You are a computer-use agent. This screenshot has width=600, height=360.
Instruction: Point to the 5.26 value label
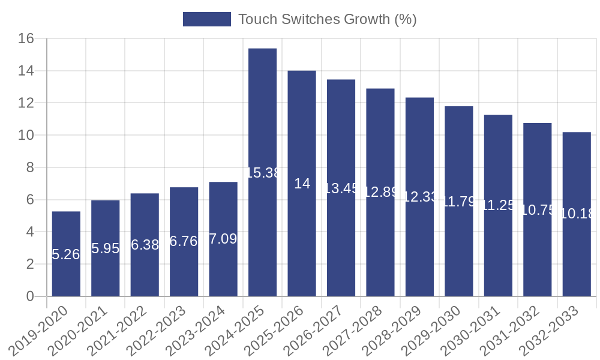pyautogui.click(x=66, y=254)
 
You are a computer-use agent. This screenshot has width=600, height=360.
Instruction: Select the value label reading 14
pyautogui.click(x=302, y=184)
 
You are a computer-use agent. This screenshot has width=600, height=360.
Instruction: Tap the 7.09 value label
pyautogui.click(x=223, y=239)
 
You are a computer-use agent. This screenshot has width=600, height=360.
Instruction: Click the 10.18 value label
pyautogui.click(x=576, y=214)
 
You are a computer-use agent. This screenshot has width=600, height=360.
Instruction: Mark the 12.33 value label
pyautogui.click(x=419, y=197)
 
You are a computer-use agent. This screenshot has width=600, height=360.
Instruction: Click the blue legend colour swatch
pyautogui.click(x=206, y=19)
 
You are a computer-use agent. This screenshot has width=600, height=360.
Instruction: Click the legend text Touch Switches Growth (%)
pyautogui.click(x=327, y=19)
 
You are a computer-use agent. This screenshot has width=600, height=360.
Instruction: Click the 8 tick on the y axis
pyautogui.click(x=29, y=168)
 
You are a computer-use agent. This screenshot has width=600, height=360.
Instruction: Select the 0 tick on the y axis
pyautogui.click(x=30, y=296)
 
